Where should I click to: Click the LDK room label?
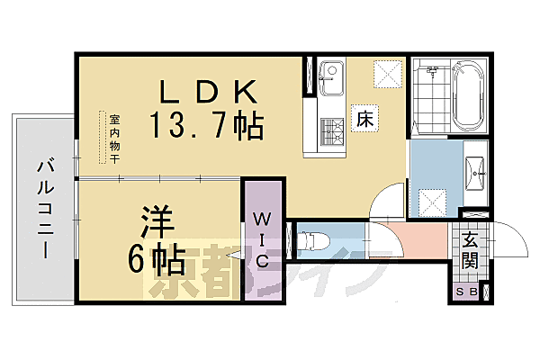[x=209, y=91]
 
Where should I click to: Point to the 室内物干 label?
[x=115, y=138]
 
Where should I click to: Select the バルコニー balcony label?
[x=43, y=206]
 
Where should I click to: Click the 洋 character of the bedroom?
[x=155, y=220]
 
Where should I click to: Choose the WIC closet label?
[x=262, y=238]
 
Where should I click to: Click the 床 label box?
[x=364, y=118]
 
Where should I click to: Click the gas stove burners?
[x=328, y=132]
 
